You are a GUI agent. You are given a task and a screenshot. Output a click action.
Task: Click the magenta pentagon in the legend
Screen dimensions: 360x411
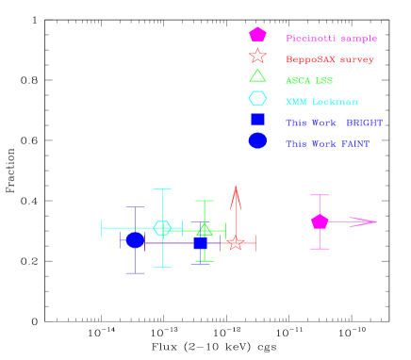tap(257, 35)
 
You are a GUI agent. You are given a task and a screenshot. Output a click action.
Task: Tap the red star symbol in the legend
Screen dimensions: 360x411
tap(257, 56)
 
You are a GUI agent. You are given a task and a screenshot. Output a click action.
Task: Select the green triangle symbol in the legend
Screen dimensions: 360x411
tap(257, 76)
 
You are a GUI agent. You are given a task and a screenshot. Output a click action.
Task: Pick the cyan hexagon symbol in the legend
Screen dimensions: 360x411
tap(257, 98)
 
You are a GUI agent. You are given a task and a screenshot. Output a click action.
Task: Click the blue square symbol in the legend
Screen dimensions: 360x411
tap(257, 120)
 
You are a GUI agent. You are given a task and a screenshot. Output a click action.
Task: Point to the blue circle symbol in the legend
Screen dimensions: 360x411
tap(257, 140)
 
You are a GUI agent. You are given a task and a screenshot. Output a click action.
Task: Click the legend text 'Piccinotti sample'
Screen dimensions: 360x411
tap(331, 39)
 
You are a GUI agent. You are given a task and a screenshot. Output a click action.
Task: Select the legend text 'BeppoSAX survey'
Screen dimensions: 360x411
tap(329, 59)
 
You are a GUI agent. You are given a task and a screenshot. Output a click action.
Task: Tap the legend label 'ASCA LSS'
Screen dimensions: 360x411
tap(309, 81)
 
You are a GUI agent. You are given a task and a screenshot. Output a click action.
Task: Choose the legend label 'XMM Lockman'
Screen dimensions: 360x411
tap(321, 102)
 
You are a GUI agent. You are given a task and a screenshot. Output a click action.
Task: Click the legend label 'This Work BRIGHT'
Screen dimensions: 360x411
tap(334, 123)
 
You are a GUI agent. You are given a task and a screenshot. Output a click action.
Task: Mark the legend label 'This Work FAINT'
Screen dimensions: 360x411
tap(327, 144)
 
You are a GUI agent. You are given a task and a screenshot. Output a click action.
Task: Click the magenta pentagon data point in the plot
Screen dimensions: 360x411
tap(320, 221)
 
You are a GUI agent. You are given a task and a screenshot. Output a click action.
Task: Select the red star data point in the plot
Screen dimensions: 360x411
tap(236, 243)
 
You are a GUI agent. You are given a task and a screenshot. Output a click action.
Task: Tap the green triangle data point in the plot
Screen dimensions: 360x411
tap(205, 229)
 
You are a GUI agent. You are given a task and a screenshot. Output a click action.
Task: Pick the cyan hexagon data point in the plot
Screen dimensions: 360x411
tap(162, 228)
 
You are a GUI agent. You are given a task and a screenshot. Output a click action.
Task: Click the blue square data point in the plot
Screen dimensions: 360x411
tap(200, 243)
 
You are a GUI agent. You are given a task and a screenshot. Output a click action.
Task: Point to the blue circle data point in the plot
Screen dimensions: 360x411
tap(135, 240)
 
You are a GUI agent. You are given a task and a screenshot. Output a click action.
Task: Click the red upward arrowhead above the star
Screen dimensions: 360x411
tap(236, 197)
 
